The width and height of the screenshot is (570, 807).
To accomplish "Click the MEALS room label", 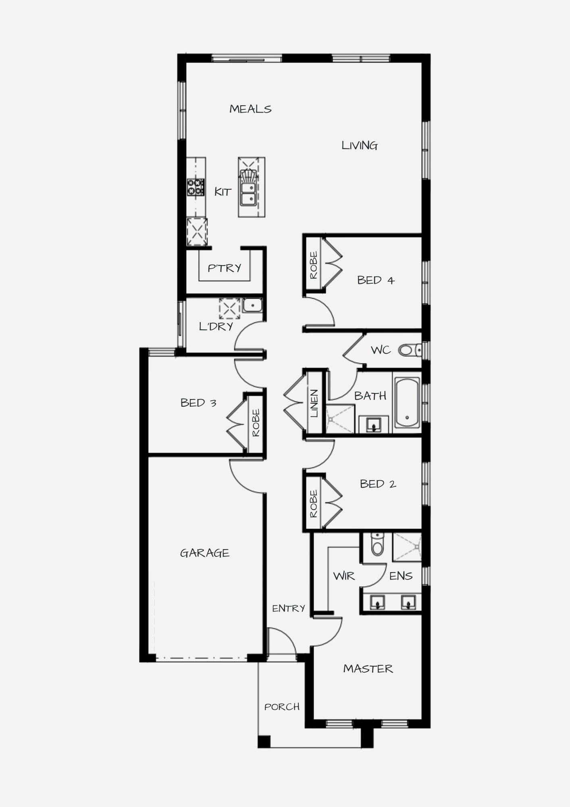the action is (x=250, y=109).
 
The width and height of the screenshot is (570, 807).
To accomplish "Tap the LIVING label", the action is (x=360, y=145).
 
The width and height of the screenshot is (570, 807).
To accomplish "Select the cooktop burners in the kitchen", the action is (x=196, y=188).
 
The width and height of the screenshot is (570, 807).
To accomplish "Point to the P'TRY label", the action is (x=225, y=268).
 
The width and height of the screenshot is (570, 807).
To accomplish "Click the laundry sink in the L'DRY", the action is (x=252, y=305).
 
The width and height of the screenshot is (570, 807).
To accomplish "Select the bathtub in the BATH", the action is (x=407, y=403).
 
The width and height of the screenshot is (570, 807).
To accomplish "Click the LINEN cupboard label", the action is (x=314, y=403).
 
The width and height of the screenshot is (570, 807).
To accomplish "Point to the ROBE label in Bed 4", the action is (x=314, y=265).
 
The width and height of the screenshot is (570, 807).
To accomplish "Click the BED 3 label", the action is (x=198, y=403).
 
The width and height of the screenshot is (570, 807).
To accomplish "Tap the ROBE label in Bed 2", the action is (x=314, y=504).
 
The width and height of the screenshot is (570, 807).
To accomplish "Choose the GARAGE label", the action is (x=205, y=553).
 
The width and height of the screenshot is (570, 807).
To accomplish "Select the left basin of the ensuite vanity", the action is (x=377, y=603).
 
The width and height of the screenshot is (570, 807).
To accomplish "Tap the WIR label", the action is (x=344, y=576).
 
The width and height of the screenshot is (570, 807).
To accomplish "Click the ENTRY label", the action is (x=289, y=608).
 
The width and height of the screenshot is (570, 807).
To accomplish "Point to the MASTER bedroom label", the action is (x=368, y=669).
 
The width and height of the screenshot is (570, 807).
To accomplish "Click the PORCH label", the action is (x=282, y=707).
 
